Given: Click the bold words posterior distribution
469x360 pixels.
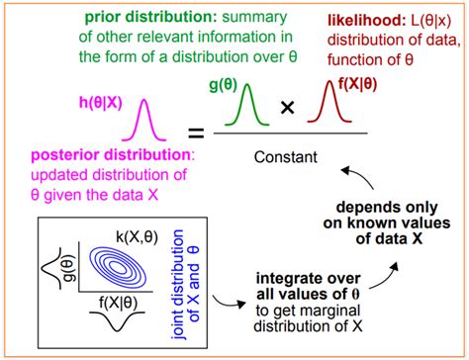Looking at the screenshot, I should tap(78, 157).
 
